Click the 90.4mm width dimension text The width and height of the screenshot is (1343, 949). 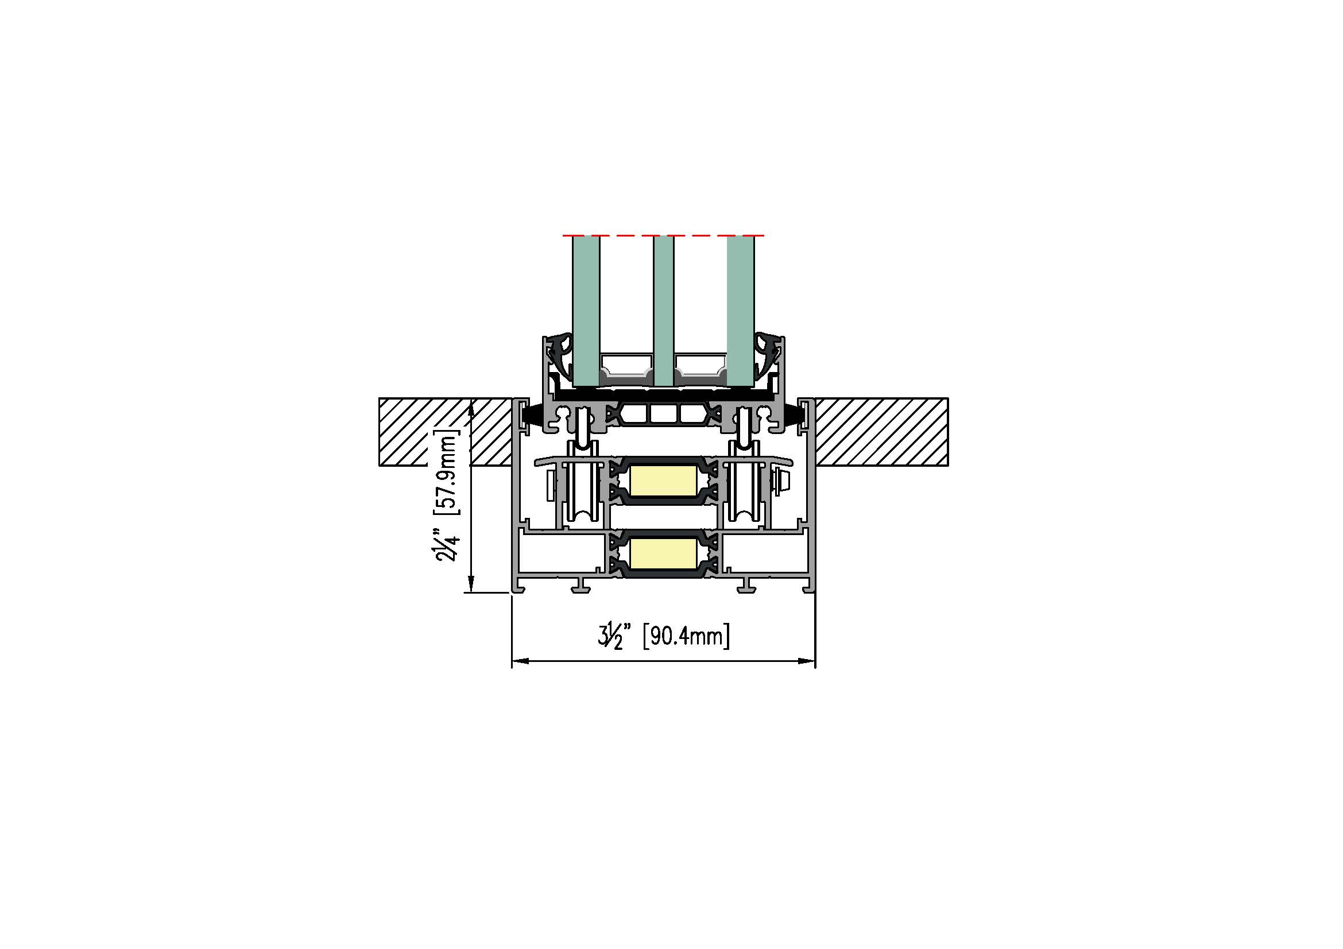coord(687,636)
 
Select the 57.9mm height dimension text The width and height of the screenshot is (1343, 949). coord(447,474)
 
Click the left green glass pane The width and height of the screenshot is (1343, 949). coord(586,311)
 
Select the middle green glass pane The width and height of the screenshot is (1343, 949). coord(663,311)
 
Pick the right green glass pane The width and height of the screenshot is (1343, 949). coord(741,311)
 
